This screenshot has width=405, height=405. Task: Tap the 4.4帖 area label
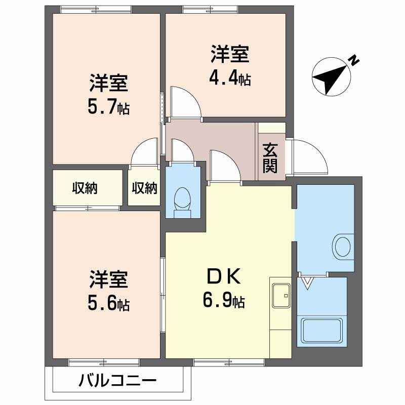230,79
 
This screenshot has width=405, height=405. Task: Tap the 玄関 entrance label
270,158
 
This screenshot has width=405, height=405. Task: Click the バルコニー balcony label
117,380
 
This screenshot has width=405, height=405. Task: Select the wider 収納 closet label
84,188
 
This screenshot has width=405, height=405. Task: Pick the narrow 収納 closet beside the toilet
145,188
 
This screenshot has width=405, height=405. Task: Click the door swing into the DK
223,165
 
